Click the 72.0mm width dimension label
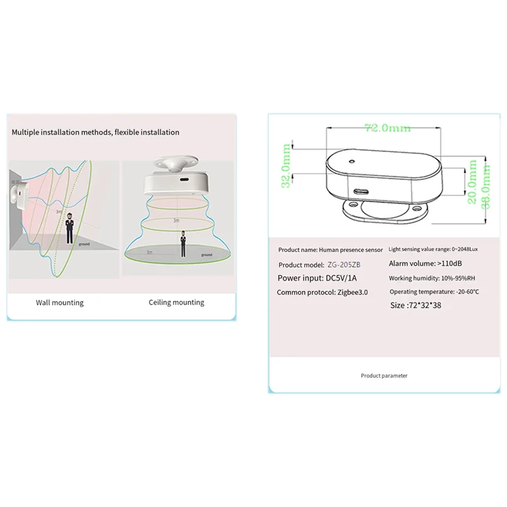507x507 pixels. pos(387,129)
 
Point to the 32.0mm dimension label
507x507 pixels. pos(286,165)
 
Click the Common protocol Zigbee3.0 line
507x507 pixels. pos(322,292)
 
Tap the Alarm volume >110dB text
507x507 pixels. pos(421,264)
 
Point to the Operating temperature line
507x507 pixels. pos(435,292)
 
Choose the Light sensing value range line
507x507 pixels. pos(432,250)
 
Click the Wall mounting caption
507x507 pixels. pos(60,303)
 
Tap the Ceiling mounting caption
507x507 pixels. pos(176,303)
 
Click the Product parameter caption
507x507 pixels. pos(384,376)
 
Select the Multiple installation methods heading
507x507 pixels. pos(96,132)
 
